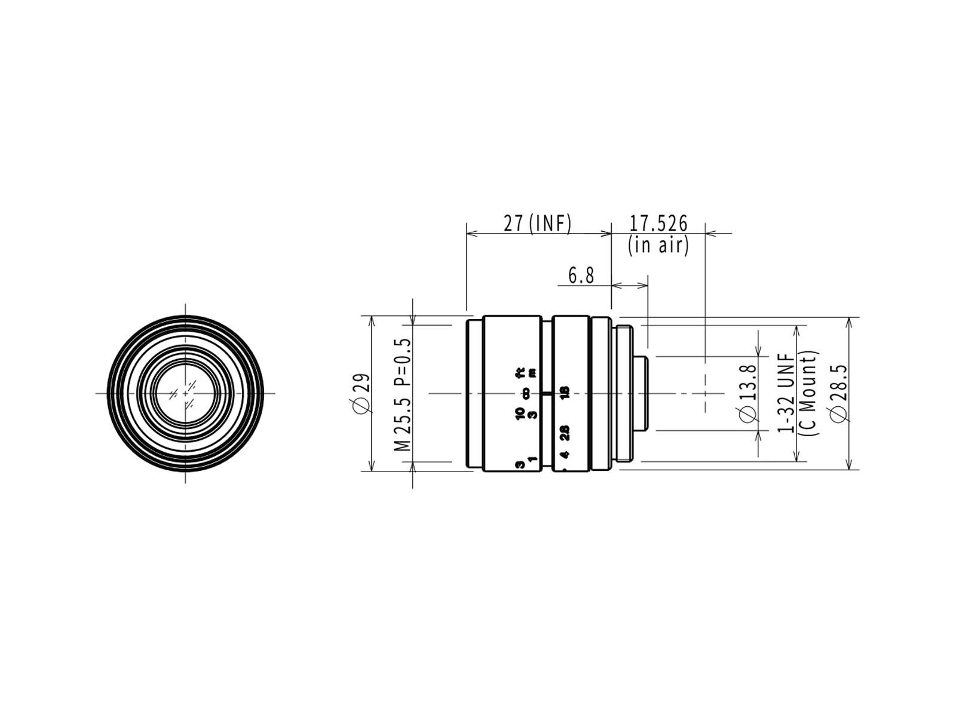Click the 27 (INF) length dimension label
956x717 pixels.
coord(537,223)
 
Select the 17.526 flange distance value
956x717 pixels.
coord(658,223)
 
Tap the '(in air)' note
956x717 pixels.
coord(658,246)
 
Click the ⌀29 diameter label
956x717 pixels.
coord(363,392)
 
